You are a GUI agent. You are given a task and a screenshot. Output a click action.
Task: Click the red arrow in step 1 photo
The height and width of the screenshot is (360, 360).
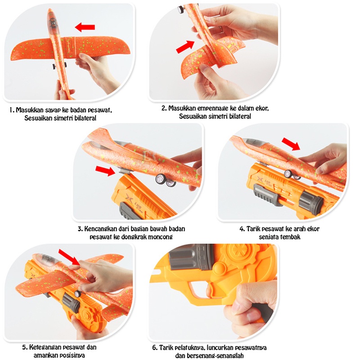85,27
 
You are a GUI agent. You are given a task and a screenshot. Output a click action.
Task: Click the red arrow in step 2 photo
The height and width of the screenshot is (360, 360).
185,47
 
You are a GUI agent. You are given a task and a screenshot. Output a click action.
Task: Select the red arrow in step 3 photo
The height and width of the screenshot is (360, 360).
105,171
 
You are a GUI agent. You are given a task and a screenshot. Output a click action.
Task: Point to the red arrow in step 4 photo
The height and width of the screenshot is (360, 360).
291,144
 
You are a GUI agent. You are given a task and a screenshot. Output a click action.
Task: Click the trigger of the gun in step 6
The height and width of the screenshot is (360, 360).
208,290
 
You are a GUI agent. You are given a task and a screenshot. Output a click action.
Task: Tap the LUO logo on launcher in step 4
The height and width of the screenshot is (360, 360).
265,181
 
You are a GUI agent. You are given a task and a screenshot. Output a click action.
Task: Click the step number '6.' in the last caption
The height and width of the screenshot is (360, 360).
155,347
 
